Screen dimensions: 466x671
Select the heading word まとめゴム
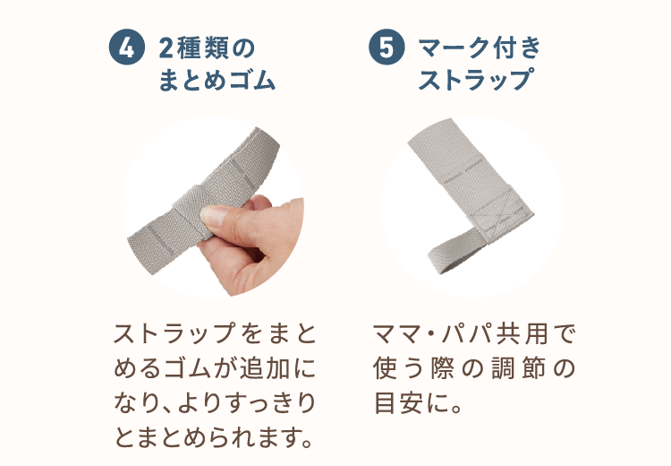(x=217, y=82)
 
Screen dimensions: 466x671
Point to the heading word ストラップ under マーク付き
(x=474, y=82)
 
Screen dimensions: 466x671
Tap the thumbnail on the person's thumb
(x=215, y=215)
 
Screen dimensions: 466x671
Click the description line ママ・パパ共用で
(x=474, y=334)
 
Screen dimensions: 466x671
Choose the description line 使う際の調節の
(x=474, y=368)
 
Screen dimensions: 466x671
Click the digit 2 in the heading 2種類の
(x=166, y=48)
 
